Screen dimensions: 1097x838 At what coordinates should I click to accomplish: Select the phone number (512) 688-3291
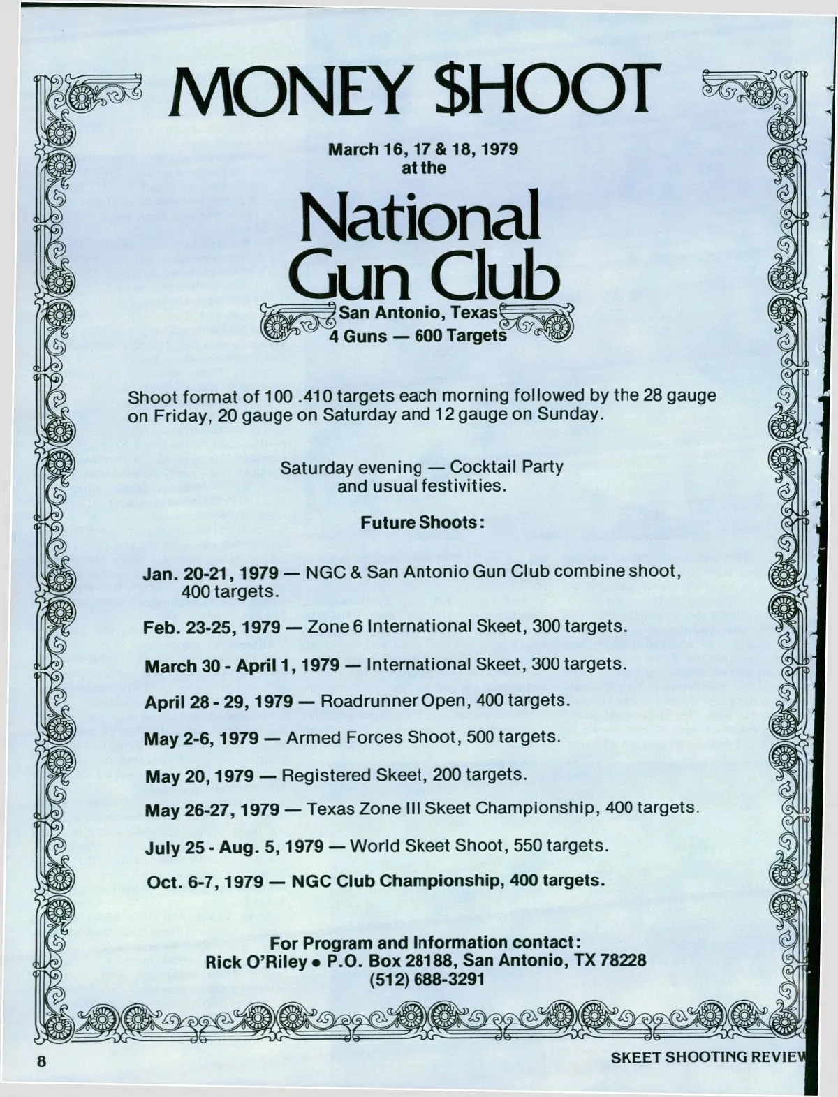click(427, 979)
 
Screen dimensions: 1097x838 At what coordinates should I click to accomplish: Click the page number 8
click(41, 1061)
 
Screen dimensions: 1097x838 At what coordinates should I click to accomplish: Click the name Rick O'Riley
click(256, 961)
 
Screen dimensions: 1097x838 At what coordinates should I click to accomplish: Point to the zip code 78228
click(623, 960)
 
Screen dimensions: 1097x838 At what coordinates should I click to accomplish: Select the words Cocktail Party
click(506, 466)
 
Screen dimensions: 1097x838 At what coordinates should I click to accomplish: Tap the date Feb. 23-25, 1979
click(212, 627)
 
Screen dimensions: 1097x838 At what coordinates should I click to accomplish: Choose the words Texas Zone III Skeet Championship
click(450, 809)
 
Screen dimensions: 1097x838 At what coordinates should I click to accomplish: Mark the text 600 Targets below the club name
click(460, 336)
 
